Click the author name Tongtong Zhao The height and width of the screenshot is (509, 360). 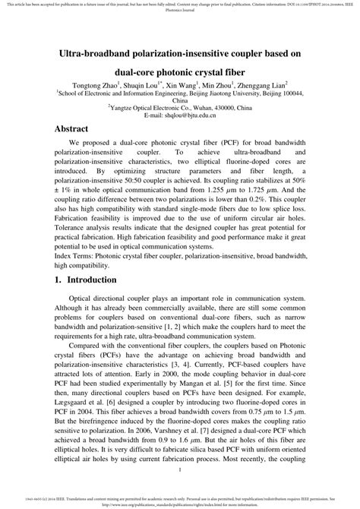click(x=96, y=86)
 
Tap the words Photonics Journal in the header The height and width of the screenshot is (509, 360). click(x=179, y=11)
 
